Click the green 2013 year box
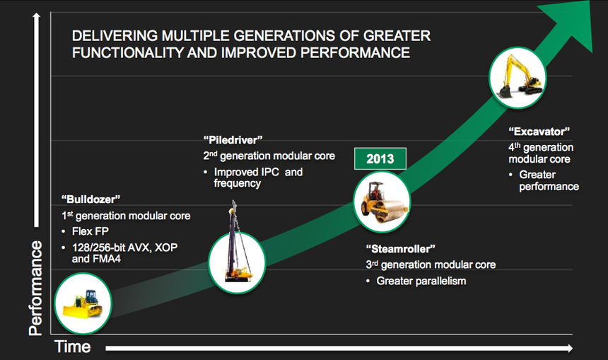pos(380,158)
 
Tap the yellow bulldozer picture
pos(83,303)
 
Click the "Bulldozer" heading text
pos(90,199)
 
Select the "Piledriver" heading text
pos(233,139)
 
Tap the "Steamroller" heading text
pos(401,249)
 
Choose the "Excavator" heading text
pos(539,132)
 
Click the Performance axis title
pos(35,288)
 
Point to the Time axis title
pos(73,347)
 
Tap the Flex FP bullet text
pos(90,231)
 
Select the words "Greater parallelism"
pos(421,281)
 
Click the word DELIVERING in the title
pos(115,35)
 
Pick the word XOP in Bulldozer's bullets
pos(166,248)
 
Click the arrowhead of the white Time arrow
pos(570,348)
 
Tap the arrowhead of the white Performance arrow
pos(37,16)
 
